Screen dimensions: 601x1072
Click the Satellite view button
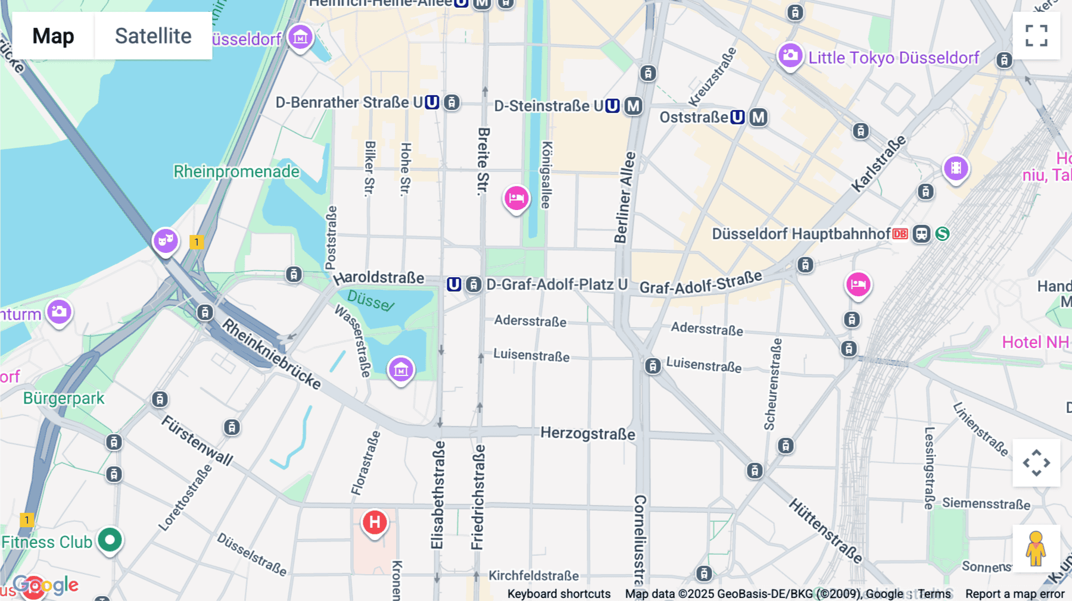click(153, 36)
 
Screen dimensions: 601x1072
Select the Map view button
click(53, 36)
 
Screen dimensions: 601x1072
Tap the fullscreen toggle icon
click(1036, 36)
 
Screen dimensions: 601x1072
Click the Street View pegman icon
click(1036, 548)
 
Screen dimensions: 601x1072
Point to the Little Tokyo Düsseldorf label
click(893, 58)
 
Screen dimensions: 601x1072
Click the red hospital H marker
click(375, 522)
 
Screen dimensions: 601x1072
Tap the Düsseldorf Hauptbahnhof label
click(801, 234)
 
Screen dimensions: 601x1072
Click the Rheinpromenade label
click(236, 171)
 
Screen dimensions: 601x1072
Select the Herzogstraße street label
click(587, 433)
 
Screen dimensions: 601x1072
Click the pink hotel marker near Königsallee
click(516, 198)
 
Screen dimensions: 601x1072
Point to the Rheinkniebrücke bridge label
click(272, 354)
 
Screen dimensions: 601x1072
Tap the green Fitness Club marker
click(110, 540)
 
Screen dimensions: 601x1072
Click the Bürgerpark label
click(64, 398)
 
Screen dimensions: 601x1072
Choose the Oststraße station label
click(694, 117)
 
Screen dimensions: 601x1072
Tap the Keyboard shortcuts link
click(559, 594)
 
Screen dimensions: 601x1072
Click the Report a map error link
click(1015, 594)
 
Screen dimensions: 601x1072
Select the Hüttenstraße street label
click(825, 531)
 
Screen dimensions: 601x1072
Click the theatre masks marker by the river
click(166, 241)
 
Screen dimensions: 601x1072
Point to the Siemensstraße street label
click(986, 503)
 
